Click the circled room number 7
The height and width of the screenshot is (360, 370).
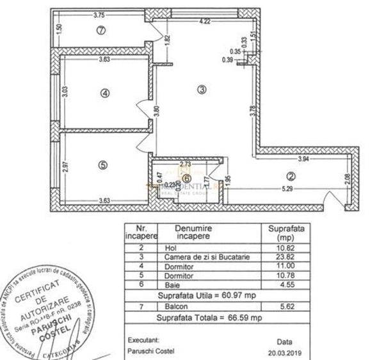100,29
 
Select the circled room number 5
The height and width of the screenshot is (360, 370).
102,164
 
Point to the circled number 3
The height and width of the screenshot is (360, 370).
202,91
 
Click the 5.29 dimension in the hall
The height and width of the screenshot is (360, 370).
276,189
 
